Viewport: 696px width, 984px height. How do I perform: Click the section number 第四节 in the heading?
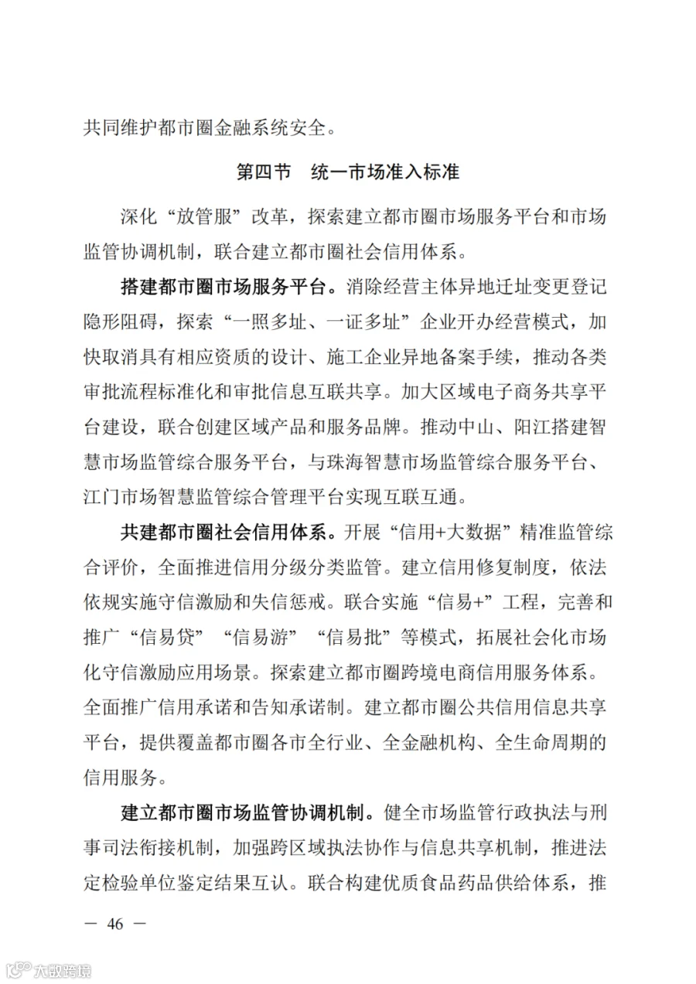coord(264,172)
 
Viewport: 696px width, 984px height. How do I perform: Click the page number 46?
coord(116,923)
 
